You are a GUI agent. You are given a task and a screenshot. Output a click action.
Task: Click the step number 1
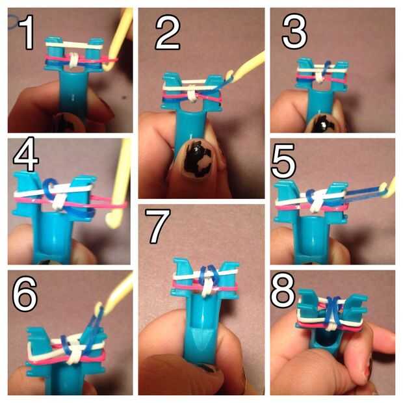click(27, 32)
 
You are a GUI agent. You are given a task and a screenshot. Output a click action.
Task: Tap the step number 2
click(168, 32)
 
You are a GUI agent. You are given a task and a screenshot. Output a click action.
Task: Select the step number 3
click(294, 31)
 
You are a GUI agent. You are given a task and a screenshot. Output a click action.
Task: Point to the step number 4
click(26, 154)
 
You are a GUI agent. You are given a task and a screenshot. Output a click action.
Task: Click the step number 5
click(283, 161)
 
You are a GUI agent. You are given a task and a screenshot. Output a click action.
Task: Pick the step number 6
click(25, 294)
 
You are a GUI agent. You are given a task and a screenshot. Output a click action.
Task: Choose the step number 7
click(158, 226)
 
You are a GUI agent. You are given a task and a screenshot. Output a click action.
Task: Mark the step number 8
click(283, 291)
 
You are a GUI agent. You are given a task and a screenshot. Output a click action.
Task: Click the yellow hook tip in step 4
click(112, 220)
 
